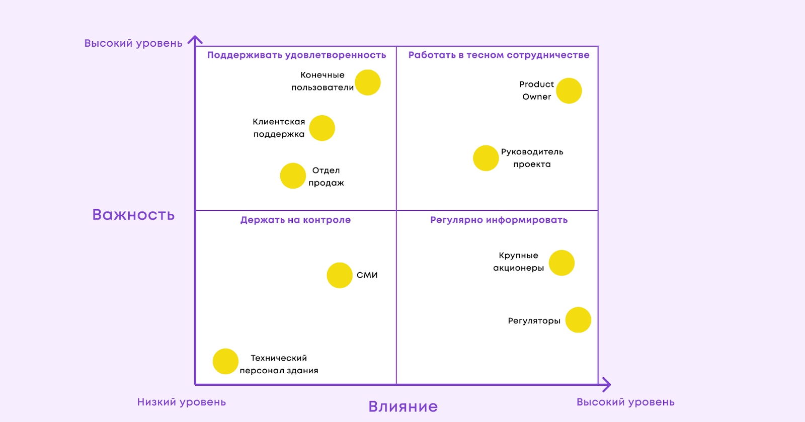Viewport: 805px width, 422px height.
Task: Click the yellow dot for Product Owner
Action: point(569,91)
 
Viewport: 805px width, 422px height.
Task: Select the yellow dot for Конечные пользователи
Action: point(368,82)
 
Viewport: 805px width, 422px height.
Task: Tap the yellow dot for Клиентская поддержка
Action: point(322,128)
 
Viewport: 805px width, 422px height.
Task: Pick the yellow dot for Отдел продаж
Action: point(293,176)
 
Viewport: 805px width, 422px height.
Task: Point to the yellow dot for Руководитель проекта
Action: point(486,158)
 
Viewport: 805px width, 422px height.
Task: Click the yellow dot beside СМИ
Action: point(340,275)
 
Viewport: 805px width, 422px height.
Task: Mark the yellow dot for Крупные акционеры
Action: point(561,263)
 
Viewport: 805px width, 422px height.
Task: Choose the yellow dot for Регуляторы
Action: point(578,320)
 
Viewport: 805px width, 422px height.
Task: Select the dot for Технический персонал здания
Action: point(225,361)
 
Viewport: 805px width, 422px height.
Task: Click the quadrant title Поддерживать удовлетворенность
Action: point(296,55)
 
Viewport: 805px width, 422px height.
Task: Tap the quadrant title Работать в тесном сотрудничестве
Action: point(499,55)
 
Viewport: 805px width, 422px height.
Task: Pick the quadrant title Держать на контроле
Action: point(295,220)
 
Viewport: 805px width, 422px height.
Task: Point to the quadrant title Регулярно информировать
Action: point(499,220)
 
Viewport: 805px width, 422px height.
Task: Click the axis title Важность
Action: point(133,215)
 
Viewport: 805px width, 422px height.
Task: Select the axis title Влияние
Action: point(403,406)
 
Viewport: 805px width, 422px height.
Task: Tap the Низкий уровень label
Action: point(182,402)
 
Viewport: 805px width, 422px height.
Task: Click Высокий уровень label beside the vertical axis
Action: point(133,43)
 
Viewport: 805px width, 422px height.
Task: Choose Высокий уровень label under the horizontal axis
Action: point(625,402)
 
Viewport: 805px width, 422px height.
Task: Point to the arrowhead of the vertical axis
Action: point(195,39)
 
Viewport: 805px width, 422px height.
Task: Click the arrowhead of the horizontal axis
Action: point(607,385)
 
